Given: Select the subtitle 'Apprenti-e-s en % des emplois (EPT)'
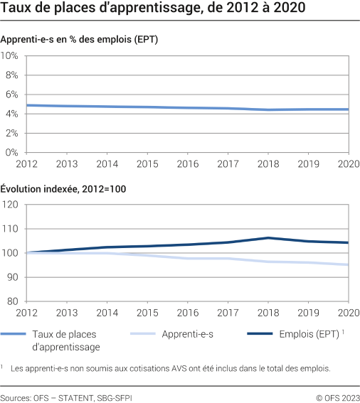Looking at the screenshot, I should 79,40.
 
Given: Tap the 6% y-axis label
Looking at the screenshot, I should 11,95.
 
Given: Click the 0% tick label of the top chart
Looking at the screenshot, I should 11,152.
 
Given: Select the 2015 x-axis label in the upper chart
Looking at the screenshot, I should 147,164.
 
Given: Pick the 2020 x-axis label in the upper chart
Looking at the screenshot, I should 349,164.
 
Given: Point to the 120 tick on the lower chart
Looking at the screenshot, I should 9,205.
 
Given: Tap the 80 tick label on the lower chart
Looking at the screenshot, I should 11,301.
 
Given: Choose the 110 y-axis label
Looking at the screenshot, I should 9,229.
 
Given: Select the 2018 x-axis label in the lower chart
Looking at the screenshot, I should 268,313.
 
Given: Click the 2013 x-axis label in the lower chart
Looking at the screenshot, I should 66,313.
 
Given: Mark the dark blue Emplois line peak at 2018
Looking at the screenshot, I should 268,238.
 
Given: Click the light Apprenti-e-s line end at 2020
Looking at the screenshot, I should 348,265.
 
